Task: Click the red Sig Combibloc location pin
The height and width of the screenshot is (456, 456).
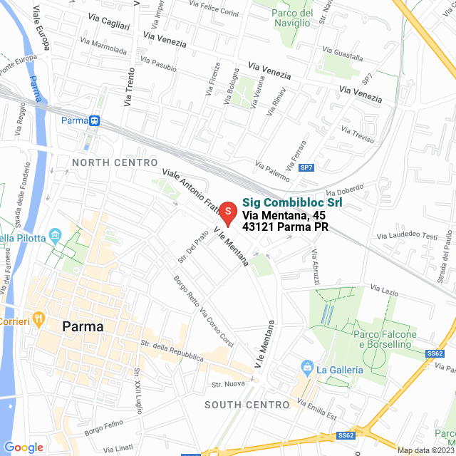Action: tap(227, 212)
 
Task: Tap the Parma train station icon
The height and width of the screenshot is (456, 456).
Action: tap(94, 121)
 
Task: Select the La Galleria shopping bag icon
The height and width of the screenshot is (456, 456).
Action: tap(307, 368)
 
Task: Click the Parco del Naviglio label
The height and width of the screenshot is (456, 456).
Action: tap(293, 18)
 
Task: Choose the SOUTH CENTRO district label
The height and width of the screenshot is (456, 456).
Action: tap(247, 405)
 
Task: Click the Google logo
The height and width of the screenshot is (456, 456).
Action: tap(24, 447)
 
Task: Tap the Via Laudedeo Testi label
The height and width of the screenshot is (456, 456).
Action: tap(407, 236)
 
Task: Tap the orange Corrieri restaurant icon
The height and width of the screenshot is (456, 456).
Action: tap(39, 316)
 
